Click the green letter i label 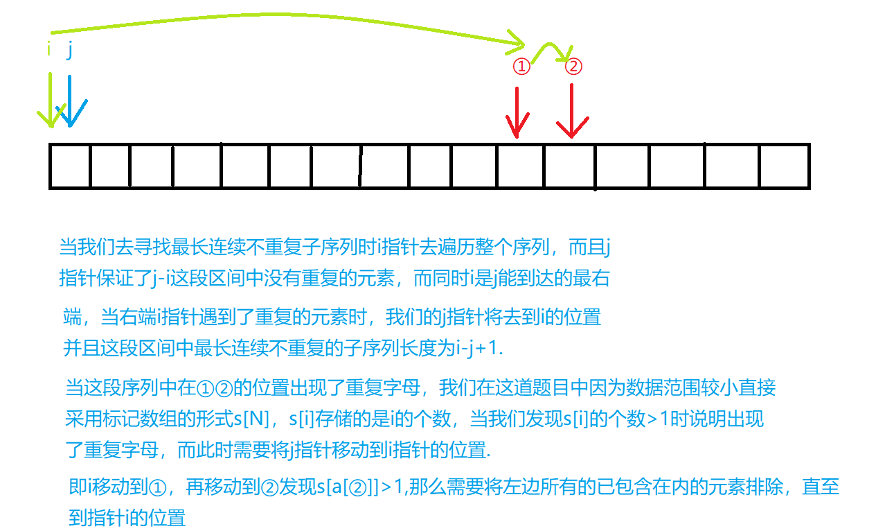(48, 50)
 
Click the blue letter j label (69, 52)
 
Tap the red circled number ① (521, 67)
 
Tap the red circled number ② (573, 67)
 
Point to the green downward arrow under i (51, 101)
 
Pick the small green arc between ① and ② (553, 50)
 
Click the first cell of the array (70, 166)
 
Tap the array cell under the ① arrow (520, 166)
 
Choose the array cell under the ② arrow (569, 166)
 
